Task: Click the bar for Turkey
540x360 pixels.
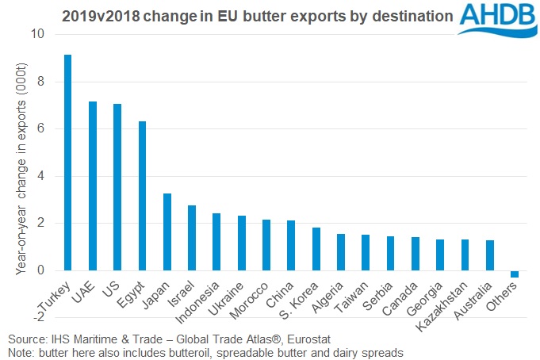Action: (x=68, y=163)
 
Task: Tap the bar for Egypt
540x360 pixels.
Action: (x=142, y=196)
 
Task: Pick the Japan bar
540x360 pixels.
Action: (x=167, y=232)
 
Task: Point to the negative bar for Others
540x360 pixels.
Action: (x=515, y=274)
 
